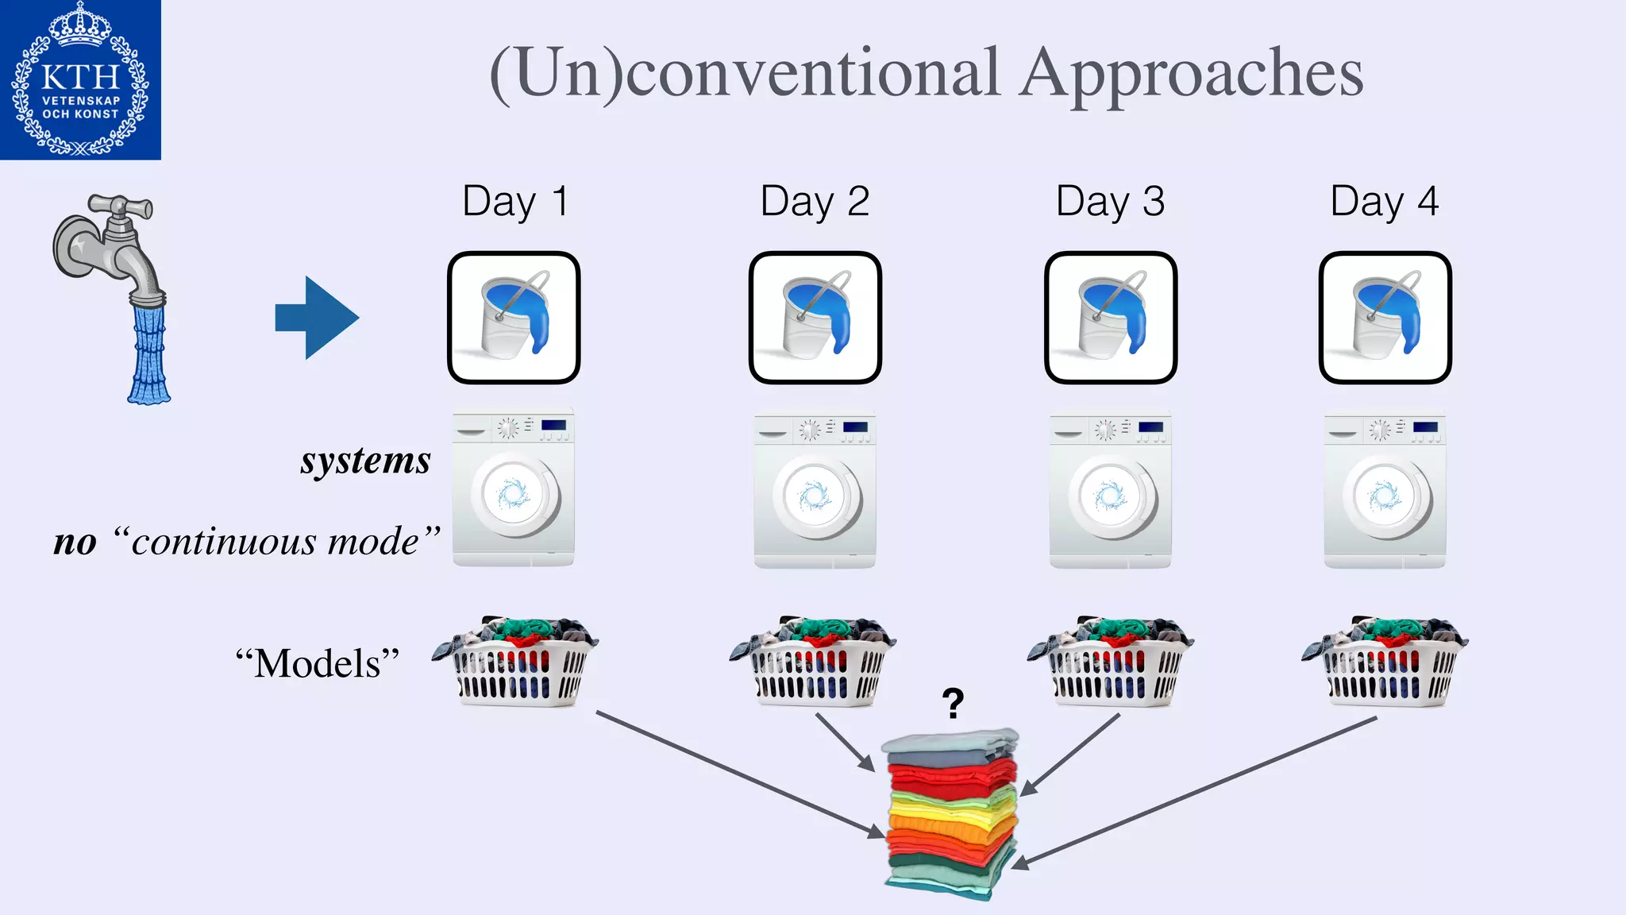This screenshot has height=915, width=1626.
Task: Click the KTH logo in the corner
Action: tap(80, 80)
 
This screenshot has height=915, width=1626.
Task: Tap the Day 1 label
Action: tap(514, 201)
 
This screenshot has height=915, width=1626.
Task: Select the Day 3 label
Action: tap(1110, 201)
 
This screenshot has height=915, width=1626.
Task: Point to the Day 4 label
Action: tap(1384, 201)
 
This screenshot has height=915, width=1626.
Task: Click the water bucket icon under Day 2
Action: tap(815, 318)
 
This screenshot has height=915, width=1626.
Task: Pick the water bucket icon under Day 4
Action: tap(1385, 318)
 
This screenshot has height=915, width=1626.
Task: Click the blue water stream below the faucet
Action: tap(149, 353)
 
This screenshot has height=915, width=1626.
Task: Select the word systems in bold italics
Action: tap(366, 461)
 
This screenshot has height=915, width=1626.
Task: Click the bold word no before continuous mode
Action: tap(75, 542)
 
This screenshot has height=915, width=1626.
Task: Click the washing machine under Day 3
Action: tap(1110, 488)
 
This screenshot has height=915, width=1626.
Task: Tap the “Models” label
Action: tap(318, 663)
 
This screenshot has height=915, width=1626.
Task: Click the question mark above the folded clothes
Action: tap(953, 703)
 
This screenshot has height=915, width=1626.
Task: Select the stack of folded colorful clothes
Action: tap(951, 814)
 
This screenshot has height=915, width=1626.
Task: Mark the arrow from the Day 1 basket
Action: tap(738, 774)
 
